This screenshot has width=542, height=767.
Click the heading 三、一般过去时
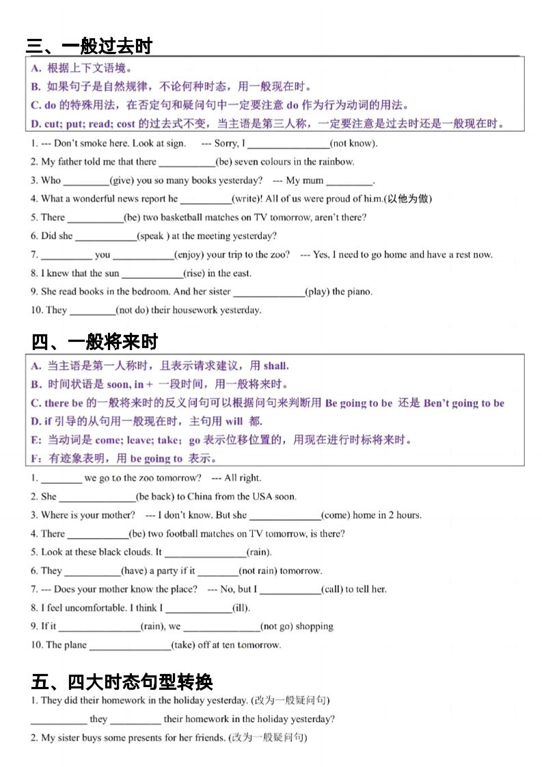pyautogui.click(x=88, y=46)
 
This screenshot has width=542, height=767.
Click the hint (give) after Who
pyautogui.click(x=122, y=180)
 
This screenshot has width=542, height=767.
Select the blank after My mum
pyautogui.click(x=349, y=181)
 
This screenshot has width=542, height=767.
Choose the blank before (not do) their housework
pyautogui.click(x=92, y=310)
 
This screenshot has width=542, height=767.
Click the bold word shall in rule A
pyautogui.click(x=275, y=366)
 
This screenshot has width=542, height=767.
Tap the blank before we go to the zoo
pyautogui.click(x=61, y=479)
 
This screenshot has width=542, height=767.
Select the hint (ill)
pyautogui.click(x=241, y=608)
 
